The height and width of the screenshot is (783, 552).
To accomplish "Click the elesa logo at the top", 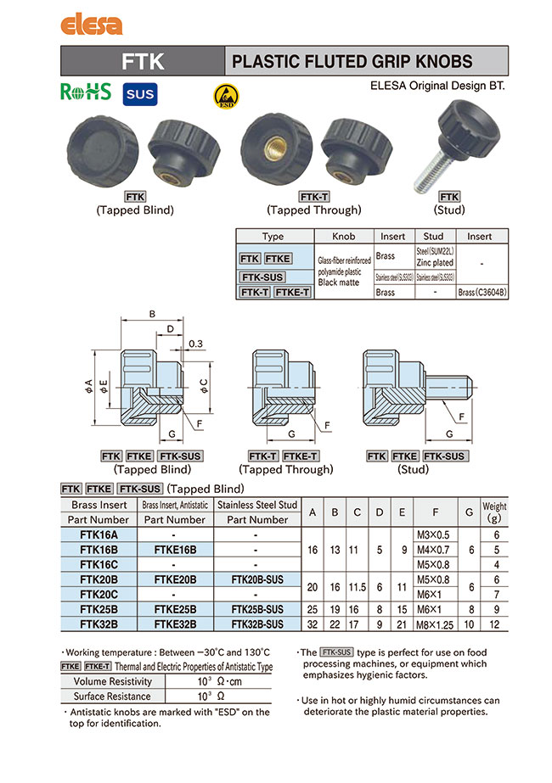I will (x=91, y=25).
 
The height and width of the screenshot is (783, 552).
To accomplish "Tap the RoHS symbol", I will (x=86, y=92).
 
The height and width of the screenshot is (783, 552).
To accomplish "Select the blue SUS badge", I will (x=139, y=93).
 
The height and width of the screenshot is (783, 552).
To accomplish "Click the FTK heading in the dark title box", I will (x=143, y=61).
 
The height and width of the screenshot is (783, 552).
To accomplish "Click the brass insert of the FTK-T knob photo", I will (x=273, y=150).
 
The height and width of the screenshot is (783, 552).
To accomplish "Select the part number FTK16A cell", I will (x=99, y=535).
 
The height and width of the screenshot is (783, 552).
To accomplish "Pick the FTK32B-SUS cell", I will (x=257, y=624).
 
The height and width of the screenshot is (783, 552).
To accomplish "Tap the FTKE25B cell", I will (x=175, y=609).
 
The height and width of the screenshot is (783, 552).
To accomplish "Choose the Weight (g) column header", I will (x=494, y=512).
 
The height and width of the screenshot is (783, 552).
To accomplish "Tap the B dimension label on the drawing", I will (x=153, y=315).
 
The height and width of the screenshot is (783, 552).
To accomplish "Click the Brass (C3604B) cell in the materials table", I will (x=482, y=292).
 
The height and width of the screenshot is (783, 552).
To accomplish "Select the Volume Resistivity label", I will (x=113, y=681).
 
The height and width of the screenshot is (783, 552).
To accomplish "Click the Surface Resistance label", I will (x=113, y=696).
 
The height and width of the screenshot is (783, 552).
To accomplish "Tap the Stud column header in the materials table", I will (x=433, y=236).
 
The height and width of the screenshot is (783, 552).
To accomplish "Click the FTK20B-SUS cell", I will (x=257, y=579).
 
